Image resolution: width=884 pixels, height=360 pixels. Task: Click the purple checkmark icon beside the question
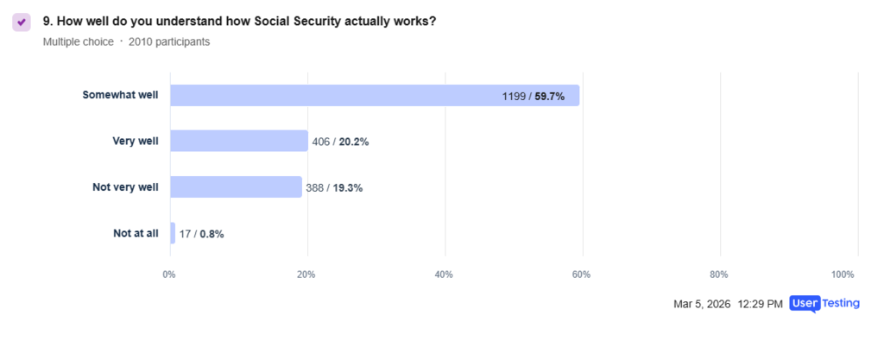point(22,22)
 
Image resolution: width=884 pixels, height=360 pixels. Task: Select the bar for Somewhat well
point(374,96)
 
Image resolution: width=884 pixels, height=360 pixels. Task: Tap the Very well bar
point(238,141)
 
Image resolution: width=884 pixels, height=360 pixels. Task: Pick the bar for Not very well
point(236,187)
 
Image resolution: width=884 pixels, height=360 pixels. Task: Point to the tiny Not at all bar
point(173,233)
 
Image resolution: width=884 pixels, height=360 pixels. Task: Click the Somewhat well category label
point(120,96)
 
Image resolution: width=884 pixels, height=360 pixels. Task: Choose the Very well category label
point(136,141)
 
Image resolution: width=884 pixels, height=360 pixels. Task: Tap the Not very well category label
point(125,187)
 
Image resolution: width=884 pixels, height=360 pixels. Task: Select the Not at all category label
point(136,233)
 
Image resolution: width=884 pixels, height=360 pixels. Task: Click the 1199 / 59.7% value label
point(533,97)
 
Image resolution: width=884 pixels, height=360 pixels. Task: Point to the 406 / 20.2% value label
point(340,142)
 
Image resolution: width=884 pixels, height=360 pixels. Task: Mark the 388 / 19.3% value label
point(334,187)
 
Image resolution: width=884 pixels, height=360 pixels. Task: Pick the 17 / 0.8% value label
point(202,234)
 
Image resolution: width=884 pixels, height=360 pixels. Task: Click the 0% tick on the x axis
point(169,275)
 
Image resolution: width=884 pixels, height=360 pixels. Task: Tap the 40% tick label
point(444,275)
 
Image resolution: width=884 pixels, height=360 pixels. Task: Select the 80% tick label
point(718,275)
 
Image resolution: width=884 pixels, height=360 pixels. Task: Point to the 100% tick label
point(843,275)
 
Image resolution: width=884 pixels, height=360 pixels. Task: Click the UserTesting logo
point(824,304)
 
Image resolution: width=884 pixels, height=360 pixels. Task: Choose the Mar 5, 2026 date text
point(702,304)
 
